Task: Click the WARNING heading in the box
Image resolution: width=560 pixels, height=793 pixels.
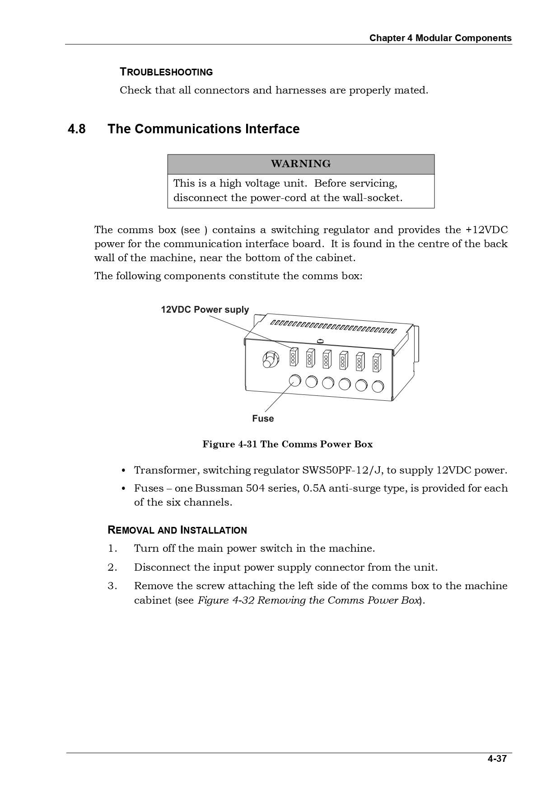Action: point(301,164)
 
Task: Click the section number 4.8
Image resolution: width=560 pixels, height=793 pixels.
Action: point(77,129)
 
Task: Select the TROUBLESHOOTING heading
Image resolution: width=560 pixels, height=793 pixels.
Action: point(166,72)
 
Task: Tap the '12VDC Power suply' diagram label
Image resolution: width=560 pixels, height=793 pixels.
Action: point(205,310)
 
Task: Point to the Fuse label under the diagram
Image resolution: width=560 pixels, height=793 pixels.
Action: point(263,418)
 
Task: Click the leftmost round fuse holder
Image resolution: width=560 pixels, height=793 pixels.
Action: point(294,380)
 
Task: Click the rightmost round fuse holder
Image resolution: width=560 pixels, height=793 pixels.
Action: point(378,386)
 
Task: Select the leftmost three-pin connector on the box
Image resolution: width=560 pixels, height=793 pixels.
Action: point(293,357)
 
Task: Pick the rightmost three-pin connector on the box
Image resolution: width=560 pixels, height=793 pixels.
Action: point(376,363)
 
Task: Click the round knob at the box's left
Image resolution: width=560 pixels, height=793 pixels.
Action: point(269,360)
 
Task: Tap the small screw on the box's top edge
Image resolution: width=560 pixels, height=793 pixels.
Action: point(320,341)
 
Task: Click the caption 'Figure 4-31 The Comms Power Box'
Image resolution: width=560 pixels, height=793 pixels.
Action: point(288,444)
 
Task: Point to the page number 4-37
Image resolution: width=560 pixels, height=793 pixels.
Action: point(497,759)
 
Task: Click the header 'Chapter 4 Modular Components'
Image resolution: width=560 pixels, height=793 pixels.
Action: point(440,38)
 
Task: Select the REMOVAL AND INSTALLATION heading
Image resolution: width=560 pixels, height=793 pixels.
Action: point(177,530)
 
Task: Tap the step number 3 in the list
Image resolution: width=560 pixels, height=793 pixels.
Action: point(112,586)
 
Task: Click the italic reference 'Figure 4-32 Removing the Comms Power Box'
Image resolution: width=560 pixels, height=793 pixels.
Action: point(309,601)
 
